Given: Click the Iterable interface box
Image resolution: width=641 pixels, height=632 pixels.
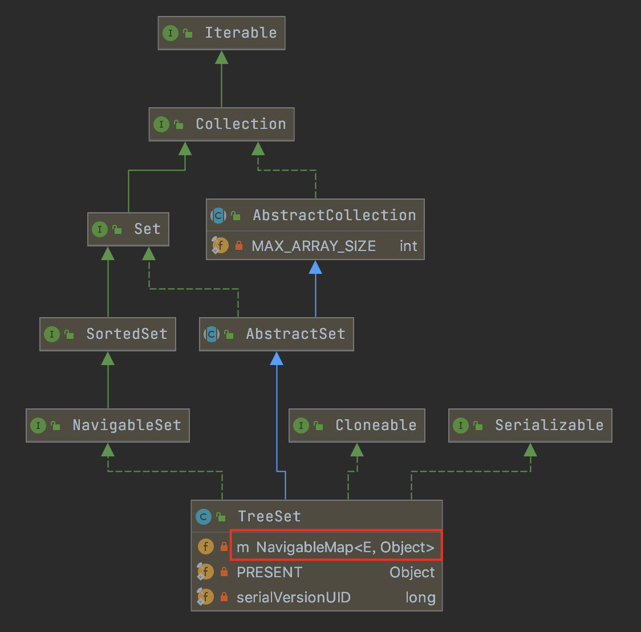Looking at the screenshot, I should click(x=221, y=33).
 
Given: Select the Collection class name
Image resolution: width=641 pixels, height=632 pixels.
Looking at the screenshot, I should click(x=241, y=124).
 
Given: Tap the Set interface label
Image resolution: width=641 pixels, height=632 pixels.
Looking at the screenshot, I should click(x=147, y=229).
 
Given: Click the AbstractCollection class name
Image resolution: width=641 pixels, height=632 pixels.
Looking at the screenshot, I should click(x=334, y=216).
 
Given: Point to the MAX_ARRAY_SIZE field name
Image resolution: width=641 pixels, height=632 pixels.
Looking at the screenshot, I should click(x=314, y=246).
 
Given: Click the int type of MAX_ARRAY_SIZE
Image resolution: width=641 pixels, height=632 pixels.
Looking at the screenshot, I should click(x=408, y=246).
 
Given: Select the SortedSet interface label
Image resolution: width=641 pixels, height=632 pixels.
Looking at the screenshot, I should click(x=127, y=334).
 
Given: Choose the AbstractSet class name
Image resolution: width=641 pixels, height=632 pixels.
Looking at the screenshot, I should click(x=295, y=334).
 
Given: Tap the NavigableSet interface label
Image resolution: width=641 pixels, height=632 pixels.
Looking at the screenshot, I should click(x=127, y=426).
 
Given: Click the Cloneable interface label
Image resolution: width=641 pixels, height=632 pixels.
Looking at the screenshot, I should click(x=376, y=426).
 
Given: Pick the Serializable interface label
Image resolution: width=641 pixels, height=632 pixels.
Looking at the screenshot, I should click(x=549, y=426).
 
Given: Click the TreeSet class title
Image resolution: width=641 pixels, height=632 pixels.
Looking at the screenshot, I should click(x=269, y=517).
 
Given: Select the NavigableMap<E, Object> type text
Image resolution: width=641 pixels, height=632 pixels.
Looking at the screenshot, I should click(x=345, y=548).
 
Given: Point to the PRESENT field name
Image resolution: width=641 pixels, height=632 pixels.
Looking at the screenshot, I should click(x=269, y=573).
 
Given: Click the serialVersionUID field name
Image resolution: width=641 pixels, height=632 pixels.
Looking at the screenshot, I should click(x=294, y=598).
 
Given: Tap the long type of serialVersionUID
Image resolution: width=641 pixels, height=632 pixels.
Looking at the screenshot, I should click(x=420, y=598).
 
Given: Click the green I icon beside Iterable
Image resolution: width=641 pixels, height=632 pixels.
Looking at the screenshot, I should click(x=170, y=33).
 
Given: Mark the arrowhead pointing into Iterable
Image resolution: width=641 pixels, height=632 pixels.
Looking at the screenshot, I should click(x=221, y=57).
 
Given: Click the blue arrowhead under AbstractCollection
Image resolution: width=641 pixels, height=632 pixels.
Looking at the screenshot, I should click(x=315, y=267).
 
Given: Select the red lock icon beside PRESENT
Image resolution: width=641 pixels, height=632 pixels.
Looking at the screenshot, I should click(x=224, y=572).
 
